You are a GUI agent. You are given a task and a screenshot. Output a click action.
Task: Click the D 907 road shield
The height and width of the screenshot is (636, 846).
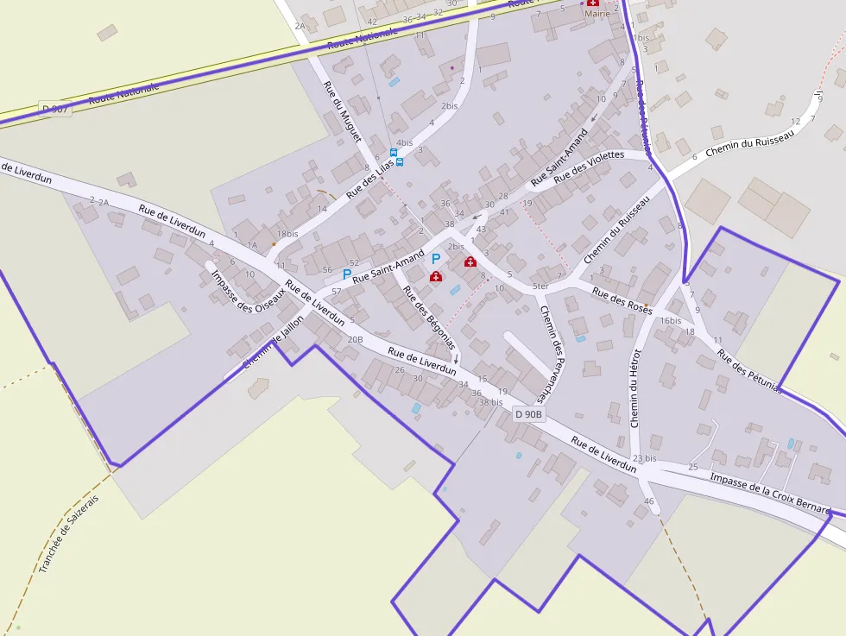click(54, 110)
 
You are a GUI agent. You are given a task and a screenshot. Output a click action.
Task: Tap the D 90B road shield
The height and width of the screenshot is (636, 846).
click(529, 414)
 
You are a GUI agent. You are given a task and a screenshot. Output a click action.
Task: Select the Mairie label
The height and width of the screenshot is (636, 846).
click(597, 14)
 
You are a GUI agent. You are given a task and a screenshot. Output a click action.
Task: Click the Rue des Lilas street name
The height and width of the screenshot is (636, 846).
click(369, 178)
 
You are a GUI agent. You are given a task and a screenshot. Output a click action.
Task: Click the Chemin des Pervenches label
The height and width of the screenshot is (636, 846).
click(552, 354)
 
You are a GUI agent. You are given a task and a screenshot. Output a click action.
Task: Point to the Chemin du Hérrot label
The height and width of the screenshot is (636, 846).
click(636, 388)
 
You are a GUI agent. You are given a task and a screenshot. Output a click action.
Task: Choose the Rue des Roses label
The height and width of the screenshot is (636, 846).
click(622, 301)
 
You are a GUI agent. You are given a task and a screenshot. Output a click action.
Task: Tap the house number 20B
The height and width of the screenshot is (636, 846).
click(355, 339)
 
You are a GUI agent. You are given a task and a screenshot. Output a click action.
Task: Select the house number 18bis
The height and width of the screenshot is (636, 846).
click(287, 234)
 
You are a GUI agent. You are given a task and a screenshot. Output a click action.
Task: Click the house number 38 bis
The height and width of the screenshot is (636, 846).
click(490, 402)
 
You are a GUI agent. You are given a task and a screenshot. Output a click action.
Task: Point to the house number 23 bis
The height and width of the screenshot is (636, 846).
click(644, 458)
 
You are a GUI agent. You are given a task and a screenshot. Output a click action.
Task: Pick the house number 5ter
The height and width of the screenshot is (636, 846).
click(540, 286)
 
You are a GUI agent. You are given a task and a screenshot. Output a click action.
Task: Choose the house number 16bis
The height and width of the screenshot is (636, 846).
click(671, 320)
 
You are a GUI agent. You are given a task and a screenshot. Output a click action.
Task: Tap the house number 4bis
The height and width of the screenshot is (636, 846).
click(404, 143)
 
